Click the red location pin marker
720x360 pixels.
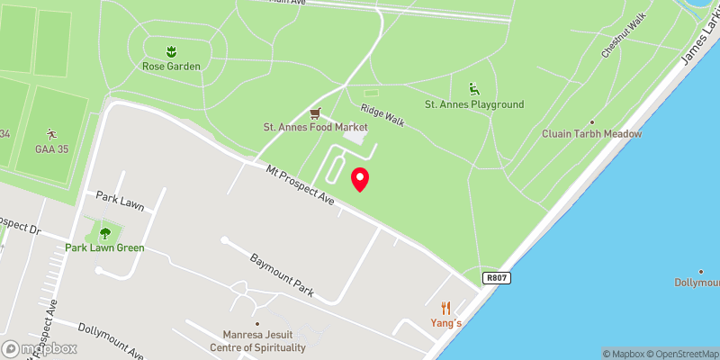(x=360, y=178)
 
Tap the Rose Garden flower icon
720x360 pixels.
(x=171, y=50)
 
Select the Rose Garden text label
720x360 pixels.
(x=171, y=66)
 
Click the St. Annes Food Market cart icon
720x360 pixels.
(x=314, y=112)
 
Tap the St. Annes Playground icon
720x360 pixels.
(x=473, y=89)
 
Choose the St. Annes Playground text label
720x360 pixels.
(x=473, y=104)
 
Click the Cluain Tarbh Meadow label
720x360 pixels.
(x=591, y=133)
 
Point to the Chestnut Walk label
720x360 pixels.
(x=625, y=37)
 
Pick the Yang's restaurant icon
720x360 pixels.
(x=445, y=307)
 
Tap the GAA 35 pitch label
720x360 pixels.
(x=50, y=148)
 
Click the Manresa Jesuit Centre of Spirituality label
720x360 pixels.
(x=257, y=341)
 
